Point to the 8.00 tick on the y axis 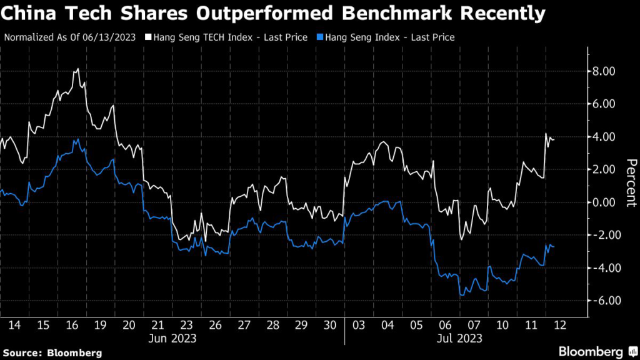click(604, 71)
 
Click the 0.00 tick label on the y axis click(604, 202)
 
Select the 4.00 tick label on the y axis click(604, 136)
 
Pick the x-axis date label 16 click(71, 325)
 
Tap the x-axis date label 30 click(331, 325)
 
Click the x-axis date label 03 click(359, 325)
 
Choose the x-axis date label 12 click(559, 325)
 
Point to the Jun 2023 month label click(172, 339)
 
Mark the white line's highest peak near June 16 click(77, 69)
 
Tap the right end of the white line click(554, 139)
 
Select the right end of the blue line click(554, 247)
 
